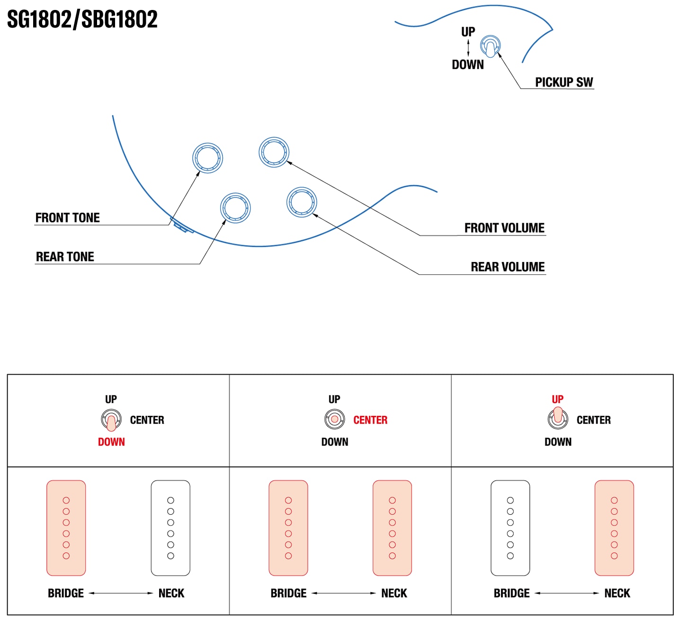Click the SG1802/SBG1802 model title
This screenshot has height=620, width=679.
click(82, 19)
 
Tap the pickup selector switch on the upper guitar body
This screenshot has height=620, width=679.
click(490, 46)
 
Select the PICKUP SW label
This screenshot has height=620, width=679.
click(563, 82)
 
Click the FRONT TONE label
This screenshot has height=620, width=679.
click(67, 218)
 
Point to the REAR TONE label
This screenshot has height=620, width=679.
click(65, 257)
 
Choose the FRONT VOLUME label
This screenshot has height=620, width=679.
click(504, 228)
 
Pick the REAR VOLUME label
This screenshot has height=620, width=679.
click(508, 267)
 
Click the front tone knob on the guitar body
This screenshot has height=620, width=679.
click(207, 158)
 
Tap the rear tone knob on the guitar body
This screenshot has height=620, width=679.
click(235, 208)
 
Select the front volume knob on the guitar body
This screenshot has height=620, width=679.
click(274, 152)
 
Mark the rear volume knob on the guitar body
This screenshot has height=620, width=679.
click(302, 202)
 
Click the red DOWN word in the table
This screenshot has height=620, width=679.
click(111, 442)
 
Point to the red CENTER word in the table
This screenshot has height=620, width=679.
click(370, 420)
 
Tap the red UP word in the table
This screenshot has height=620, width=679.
click(557, 399)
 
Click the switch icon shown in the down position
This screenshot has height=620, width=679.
click(111, 420)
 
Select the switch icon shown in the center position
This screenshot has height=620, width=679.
click(335, 419)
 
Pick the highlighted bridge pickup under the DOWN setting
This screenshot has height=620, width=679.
click(66, 528)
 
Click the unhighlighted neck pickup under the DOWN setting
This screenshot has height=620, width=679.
click(170, 528)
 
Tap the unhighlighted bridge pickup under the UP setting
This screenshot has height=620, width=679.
click(510, 528)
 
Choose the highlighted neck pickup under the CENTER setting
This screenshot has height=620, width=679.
click(392, 528)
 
